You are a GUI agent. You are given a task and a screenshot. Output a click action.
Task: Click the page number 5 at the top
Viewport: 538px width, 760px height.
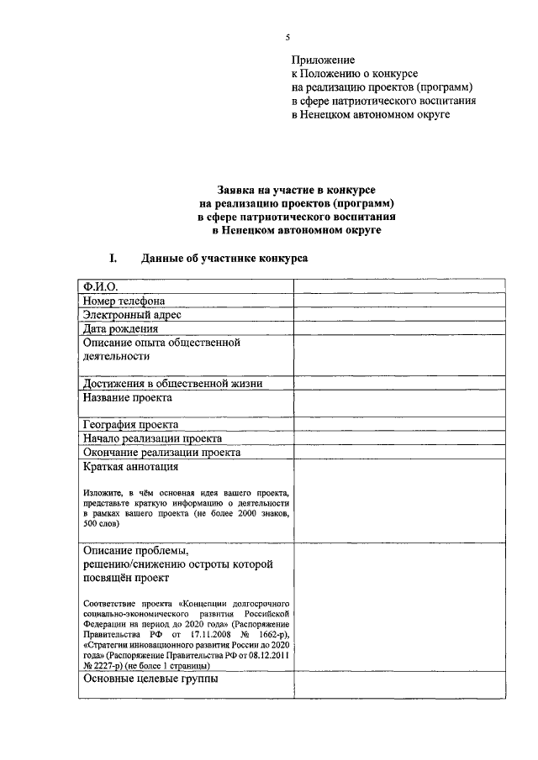tap(287, 38)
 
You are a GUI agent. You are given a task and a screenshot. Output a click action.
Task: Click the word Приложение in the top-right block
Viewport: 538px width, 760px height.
tap(324, 60)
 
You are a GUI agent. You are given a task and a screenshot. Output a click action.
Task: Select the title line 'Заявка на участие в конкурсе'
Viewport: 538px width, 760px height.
tap(291, 191)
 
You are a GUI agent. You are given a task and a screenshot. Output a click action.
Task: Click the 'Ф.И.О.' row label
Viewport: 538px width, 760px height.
tap(101, 286)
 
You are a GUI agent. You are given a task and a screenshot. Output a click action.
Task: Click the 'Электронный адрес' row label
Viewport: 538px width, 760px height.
tap(132, 315)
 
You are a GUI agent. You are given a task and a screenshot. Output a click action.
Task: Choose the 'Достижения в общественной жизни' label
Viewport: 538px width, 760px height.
tap(172, 384)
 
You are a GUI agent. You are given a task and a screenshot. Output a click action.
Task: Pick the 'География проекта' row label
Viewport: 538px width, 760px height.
tap(130, 425)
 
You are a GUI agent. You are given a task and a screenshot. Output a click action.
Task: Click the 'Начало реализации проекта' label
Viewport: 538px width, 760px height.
tap(152, 438)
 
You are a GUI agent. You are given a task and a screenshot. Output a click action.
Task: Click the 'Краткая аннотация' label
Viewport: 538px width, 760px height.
tap(130, 467)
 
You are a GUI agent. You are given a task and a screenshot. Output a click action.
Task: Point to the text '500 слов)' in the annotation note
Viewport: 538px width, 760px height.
tap(102, 523)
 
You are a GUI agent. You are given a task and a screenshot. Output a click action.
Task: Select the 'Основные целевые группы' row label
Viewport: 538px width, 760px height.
tap(150, 679)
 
